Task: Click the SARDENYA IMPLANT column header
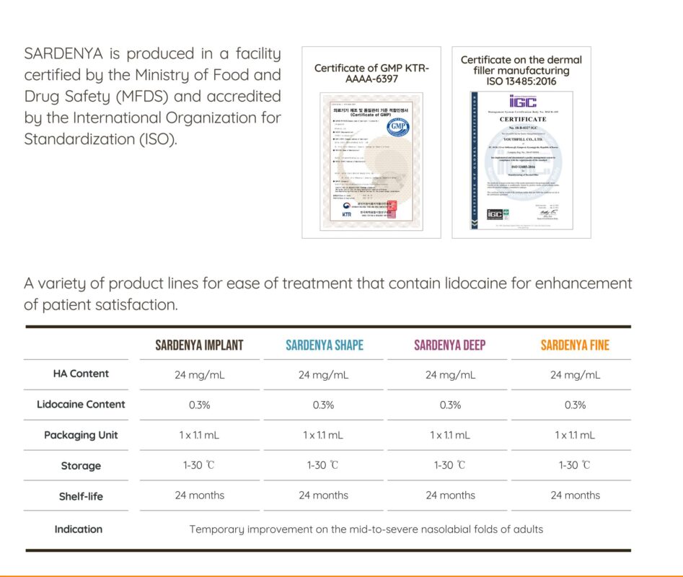point(199,345)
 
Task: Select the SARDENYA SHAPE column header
point(324,345)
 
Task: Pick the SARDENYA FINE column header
point(575,345)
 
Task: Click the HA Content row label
point(81,374)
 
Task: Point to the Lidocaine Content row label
point(81,405)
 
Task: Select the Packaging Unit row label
point(81,435)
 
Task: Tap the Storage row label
point(81,466)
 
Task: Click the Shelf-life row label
point(81,497)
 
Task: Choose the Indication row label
point(79,529)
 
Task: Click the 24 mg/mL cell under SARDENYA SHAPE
point(324,375)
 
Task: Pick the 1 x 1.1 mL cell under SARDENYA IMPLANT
point(199,436)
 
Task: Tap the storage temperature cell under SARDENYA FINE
point(575,466)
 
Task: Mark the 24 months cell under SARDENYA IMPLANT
point(199,495)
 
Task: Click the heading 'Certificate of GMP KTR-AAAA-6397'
point(371,73)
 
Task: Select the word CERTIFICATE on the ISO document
point(523,119)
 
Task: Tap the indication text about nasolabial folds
point(366,529)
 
